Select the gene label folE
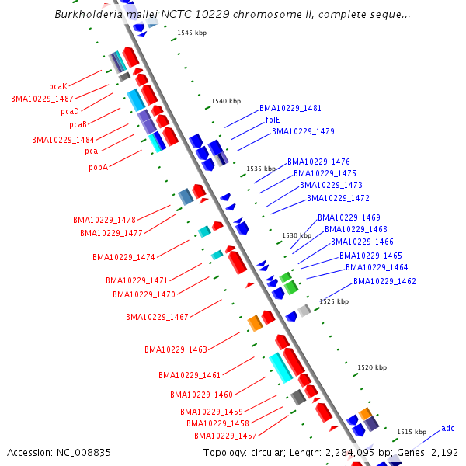(273, 120)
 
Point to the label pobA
(98, 167)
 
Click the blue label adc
(447, 428)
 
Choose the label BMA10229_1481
(290, 108)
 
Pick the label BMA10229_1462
(384, 281)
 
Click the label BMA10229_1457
(225, 436)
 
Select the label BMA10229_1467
(157, 317)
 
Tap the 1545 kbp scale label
(192, 33)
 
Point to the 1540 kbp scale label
(226, 102)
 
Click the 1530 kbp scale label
(297, 235)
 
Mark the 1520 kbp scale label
(372, 367)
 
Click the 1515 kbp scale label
(412, 432)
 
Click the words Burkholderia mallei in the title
(97, 15)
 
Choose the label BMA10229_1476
(318, 162)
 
